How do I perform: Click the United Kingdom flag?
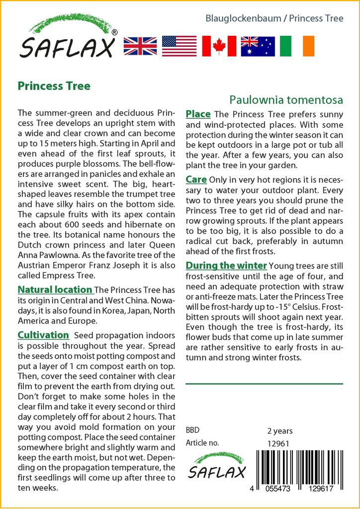140,46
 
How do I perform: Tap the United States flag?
179,46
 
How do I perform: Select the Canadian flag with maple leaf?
219,46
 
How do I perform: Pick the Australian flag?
258,46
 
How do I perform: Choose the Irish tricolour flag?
297,46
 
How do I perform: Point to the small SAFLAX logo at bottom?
216,466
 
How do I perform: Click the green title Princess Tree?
54,86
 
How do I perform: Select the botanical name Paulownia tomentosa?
286,99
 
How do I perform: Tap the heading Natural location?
55,290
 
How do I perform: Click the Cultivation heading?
43,335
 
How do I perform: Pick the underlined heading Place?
198,114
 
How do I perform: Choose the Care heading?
196,179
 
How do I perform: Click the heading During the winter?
226,265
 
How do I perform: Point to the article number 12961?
278,443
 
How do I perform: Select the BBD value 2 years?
280,430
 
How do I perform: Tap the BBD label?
193,430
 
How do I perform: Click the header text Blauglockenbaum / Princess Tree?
274,18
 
